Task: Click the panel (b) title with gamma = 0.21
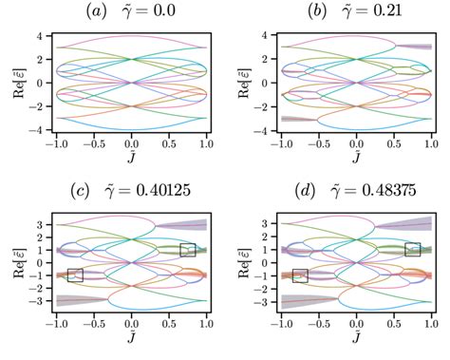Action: (356, 12)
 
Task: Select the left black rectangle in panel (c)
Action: (75, 275)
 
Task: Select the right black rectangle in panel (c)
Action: (188, 249)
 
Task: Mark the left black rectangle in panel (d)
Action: (300, 275)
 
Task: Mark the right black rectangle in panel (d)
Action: (412, 249)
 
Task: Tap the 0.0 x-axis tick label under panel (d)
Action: (356, 324)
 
